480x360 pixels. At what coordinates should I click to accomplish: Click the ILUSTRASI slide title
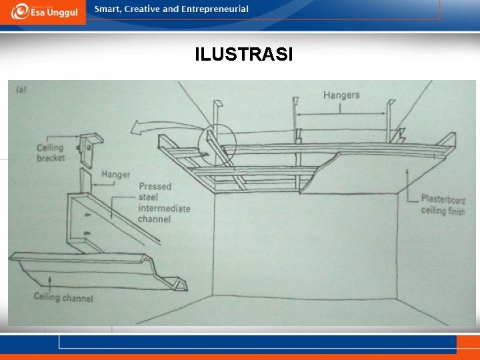pyautogui.click(x=244, y=54)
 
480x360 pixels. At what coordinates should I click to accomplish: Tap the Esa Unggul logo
pyautogui.click(x=45, y=11)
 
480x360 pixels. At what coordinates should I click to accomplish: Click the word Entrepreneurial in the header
pyautogui.click(x=215, y=9)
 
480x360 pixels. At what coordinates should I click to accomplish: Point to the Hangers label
pyautogui.click(x=341, y=95)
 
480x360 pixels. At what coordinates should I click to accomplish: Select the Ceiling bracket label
pyautogui.click(x=51, y=153)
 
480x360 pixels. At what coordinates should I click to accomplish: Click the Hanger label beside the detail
pyautogui.click(x=116, y=175)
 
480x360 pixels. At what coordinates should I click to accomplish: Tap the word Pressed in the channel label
pyautogui.click(x=155, y=187)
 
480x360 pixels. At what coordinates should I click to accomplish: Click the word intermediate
pyautogui.click(x=164, y=209)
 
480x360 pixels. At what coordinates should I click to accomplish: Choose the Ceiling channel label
pyautogui.click(x=63, y=297)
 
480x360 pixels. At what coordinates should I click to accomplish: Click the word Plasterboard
pyautogui.click(x=443, y=199)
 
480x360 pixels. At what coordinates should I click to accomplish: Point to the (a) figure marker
pyautogui.click(x=21, y=89)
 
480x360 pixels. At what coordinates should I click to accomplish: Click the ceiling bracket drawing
pyautogui.click(x=90, y=149)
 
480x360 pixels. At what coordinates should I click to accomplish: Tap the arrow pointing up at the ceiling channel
pyautogui.click(x=50, y=281)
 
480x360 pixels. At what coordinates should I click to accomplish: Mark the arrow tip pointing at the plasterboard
pyautogui.click(x=407, y=170)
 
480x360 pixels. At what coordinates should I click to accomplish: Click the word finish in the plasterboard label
pyautogui.click(x=457, y=211)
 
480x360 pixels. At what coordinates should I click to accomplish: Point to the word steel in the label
pyautogui.click(x=148, y=197)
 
